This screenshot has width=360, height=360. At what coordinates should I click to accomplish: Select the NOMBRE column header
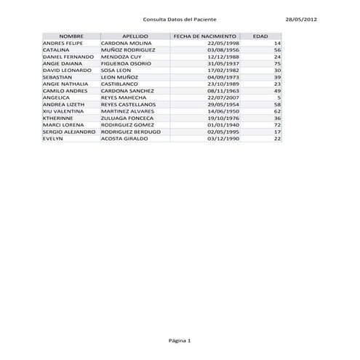[x=71, y=36]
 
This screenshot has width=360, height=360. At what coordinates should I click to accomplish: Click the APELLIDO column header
[x=135, y=36]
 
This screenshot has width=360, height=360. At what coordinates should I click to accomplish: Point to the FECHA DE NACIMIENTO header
[x=205, y=36]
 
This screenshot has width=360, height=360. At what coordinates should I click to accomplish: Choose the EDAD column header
[x=260, y=36]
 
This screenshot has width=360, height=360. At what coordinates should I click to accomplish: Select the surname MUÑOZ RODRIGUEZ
[x=129, y=49]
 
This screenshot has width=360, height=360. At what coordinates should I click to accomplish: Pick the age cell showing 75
[x=277, y=63]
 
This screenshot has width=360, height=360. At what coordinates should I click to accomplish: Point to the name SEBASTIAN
[x=57, y=76]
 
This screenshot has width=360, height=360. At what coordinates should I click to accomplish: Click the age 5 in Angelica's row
[x=279, y=97]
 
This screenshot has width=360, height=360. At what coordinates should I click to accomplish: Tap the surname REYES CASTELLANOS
[x=129, y=104]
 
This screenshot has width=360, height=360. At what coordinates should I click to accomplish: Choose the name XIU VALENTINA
[x=63, y=111]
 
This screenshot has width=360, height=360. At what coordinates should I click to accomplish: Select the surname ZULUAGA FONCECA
[x=127, y=117]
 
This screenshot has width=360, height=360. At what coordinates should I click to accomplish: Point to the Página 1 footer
[x=180, y=340]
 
